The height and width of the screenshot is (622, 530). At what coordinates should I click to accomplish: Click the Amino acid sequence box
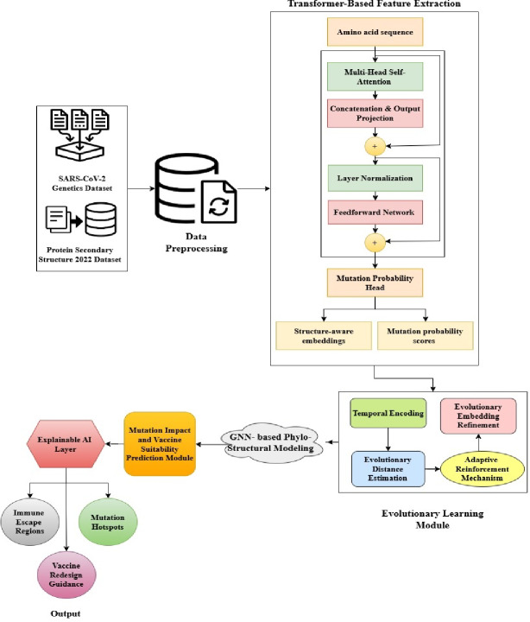[375, 32]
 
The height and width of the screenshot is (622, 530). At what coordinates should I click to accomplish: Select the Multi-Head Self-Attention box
[375, 77]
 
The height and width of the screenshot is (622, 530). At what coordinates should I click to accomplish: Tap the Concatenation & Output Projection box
[375, 113]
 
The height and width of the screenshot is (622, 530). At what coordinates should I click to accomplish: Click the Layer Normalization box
[375, 179]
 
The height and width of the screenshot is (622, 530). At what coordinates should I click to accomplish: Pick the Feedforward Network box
[375, 213]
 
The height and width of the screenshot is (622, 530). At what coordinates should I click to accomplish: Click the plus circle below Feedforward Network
[375, 242]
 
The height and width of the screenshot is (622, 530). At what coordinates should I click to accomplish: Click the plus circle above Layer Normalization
[375, 146]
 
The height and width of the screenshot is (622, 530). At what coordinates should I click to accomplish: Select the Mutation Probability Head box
[375, 282]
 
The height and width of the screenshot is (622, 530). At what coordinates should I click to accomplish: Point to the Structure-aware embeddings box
[324, 335]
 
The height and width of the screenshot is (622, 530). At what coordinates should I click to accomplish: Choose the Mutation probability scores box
[426, 335]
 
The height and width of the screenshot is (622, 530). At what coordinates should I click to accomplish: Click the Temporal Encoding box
[388, 413]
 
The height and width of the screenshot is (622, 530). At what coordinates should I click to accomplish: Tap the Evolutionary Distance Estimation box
[388, 469]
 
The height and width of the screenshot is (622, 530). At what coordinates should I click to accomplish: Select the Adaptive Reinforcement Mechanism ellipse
[483, 469]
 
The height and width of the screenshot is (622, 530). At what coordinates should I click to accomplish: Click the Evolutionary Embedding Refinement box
[478, 416]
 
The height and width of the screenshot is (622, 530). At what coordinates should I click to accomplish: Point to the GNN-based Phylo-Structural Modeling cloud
[272, 442]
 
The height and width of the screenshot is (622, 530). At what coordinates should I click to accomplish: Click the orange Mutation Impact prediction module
[160, 444]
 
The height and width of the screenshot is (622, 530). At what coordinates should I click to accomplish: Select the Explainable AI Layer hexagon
[66, 444]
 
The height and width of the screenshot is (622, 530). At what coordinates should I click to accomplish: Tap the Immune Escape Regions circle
[29, 522]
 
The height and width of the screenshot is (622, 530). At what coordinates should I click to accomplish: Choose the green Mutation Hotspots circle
[108, 522]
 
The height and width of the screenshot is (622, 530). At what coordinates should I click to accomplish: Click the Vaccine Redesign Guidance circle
[66, 574]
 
